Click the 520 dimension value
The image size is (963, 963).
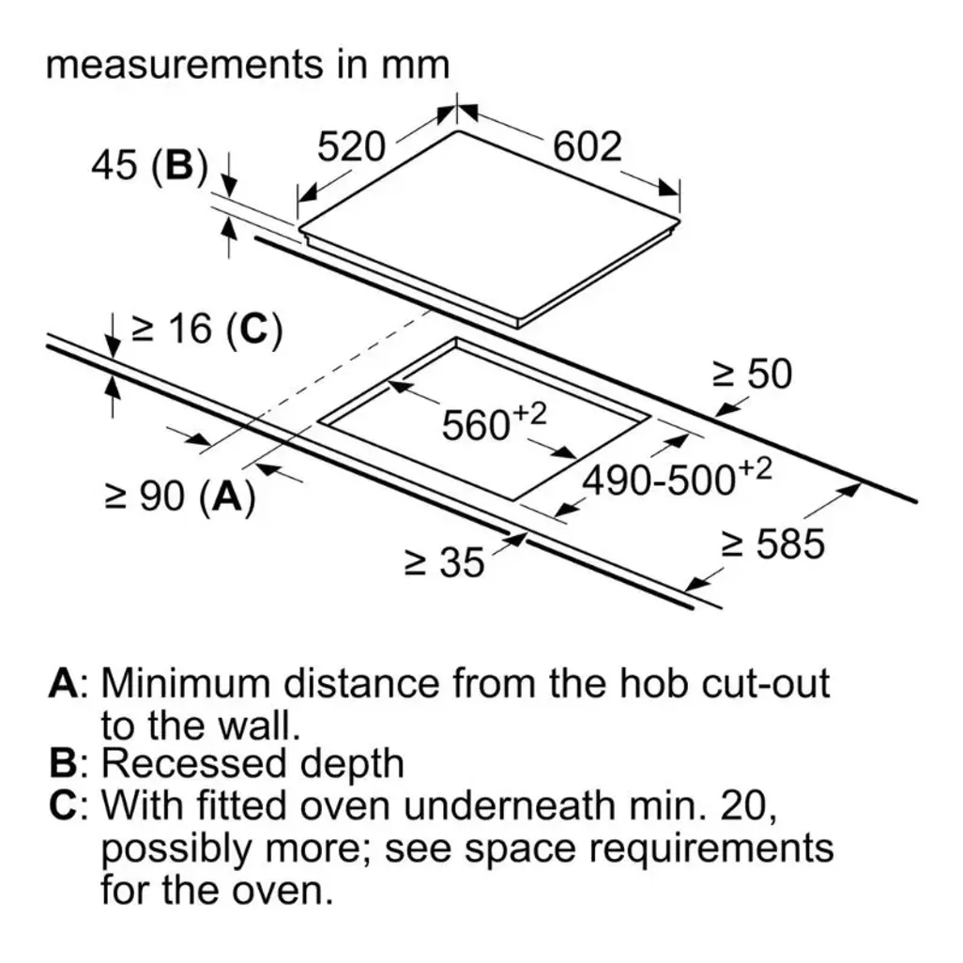[x=351, y=146]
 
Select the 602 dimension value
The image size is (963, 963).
[x=588, y=146]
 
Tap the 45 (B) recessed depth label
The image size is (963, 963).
[x=149, y=166]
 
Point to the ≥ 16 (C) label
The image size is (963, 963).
[x=207, y=329]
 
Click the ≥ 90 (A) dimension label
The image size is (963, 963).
[x=180, y=497]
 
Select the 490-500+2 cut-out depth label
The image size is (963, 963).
[x=677, y=477]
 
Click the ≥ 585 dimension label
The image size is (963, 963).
[x=772, y=543]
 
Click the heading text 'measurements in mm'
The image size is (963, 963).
[x=248, y=65]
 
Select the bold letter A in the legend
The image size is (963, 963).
[x=63, y=682]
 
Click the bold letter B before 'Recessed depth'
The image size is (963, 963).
[x=63, y=763]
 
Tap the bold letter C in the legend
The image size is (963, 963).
[x=63, y=804]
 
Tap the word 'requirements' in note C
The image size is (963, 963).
[x=711, y=849]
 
